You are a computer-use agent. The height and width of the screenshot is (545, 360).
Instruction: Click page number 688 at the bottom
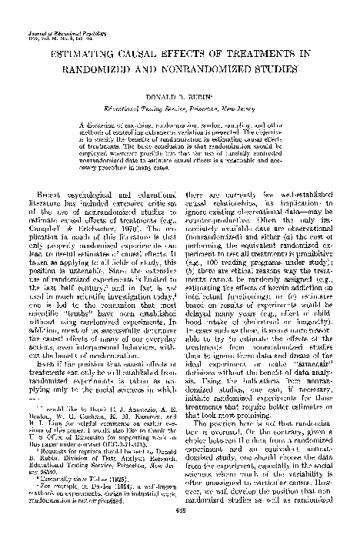pyautogui.click(x=180, y=532)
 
